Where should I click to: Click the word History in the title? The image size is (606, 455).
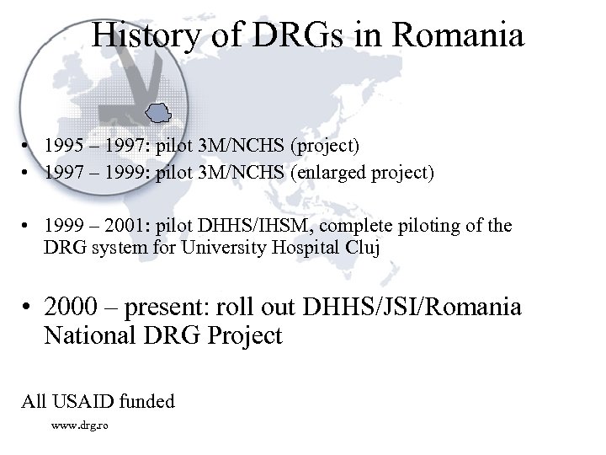point(143,35)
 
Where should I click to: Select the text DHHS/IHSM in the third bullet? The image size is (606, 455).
point(252,227)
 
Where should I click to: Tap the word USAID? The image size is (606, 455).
point(83,401)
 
